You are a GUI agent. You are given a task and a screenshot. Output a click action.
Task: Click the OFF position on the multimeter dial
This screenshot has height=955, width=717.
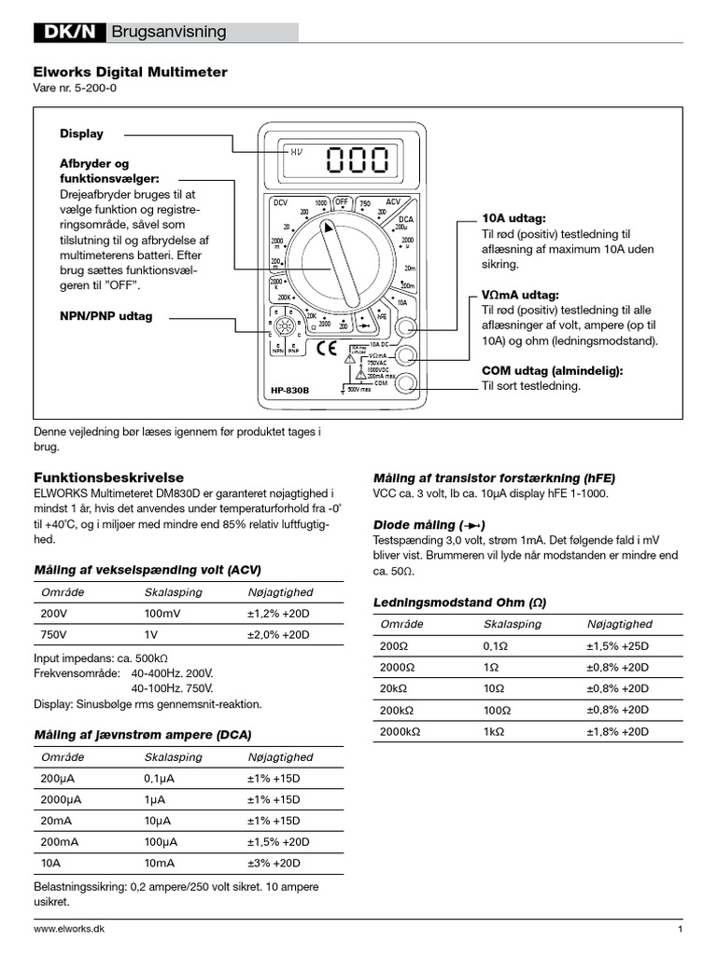pyautogui.click(x=344, y=201)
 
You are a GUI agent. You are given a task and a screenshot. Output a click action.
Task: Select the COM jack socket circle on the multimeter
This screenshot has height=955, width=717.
pyautogui.click(x=406, y=382)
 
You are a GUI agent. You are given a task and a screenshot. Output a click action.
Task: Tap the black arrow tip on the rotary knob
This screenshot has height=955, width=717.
pyautogui.click(x=327, y=227)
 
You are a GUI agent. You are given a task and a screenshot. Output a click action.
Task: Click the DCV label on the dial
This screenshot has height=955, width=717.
pyautogui.click(x=281, y=202)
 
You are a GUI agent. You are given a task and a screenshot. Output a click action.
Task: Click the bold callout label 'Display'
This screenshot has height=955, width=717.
pyautogui.click(x=82, y=133)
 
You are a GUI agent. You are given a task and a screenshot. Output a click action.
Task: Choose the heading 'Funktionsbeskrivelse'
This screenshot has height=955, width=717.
pyautogui.click(x=102, y=477)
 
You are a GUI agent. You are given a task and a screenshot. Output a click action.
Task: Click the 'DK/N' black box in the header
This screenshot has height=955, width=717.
pyautogui.click(x=69, y=33)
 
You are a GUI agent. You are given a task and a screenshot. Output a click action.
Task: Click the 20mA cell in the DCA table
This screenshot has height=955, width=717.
pyautogui.click(x=58, y=820)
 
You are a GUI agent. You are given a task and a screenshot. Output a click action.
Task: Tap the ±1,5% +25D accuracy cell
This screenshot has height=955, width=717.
pyautogui.click(x=617, y=645)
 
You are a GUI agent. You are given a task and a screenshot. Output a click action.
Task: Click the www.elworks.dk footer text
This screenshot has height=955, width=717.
pyautogui.click(x=69, y=930)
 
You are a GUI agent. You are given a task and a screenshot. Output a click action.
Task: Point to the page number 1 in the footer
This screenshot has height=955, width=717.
pyautogui.click(x=681, y=930)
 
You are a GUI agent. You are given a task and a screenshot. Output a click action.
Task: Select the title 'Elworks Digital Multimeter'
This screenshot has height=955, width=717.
pyautogui.click(x=130, y=72)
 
